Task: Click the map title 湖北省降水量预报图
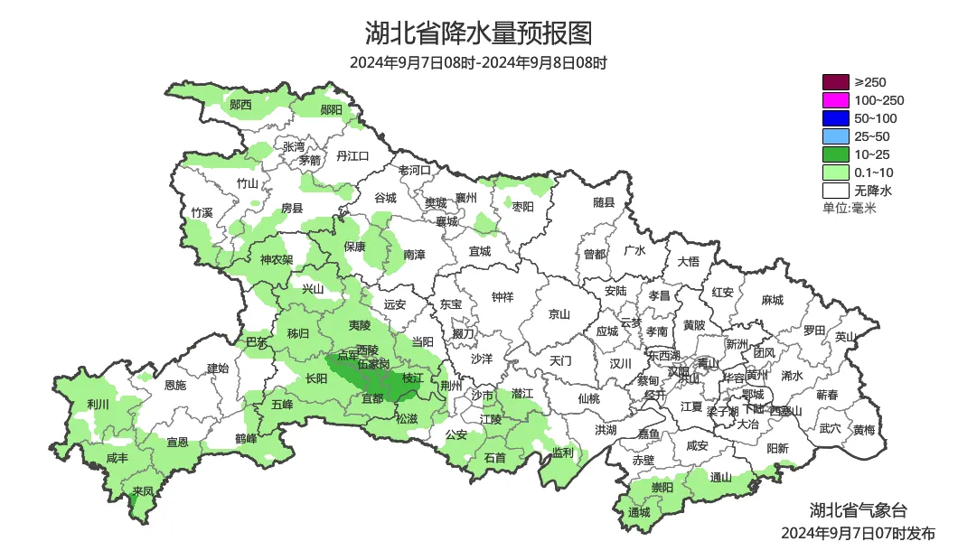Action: [x=478, y=33]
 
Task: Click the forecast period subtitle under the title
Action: [x=478, y=63]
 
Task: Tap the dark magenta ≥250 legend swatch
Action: [x=836, y=82]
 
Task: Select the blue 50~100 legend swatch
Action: [x=836, y=118]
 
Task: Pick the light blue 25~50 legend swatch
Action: [x=836, y=136]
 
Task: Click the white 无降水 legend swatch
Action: [x=836, y=191]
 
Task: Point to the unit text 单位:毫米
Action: [x=850, y=209]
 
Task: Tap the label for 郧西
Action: [x=240, y=105]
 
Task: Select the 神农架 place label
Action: [x=277, y=260]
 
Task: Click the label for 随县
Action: [x=604, y=203]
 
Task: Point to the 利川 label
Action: [x=98, y=404]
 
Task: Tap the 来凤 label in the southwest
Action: [x=143, y=491]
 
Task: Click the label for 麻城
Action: [x=772, y=300]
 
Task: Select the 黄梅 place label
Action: [x=863, y=430]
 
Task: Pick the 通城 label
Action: [x=639, y=512]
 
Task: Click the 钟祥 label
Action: [x=502, y=296]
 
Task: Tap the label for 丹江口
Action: [x=352, y=156]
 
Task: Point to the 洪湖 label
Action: [x=606, y=430]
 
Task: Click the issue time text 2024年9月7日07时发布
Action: [x=858, y=534]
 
